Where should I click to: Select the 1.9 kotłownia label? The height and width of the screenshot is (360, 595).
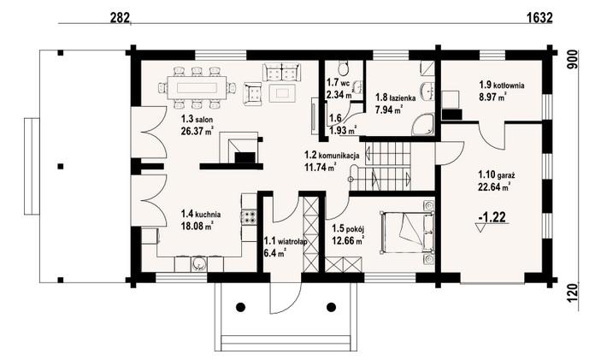coord(502,85)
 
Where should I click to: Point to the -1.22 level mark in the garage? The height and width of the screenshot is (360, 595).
coord(493,217)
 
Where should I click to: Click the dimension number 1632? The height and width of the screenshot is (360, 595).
coord(539,17)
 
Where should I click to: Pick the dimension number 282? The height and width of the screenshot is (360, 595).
coord(120,17)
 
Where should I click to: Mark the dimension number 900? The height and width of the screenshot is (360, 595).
coord(573,59)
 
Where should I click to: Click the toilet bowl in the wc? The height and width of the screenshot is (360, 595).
coord(344,68)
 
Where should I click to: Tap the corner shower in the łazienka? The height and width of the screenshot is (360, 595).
coord(423,124)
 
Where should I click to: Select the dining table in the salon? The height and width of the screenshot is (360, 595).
coord(197,88)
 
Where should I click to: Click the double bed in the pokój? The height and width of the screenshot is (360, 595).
coord(408,232)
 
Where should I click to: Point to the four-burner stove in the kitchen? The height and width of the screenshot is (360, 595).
coord(249,216)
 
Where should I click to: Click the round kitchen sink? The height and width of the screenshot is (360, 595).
coord(198,264)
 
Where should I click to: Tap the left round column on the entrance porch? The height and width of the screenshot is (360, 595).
coord(240,306)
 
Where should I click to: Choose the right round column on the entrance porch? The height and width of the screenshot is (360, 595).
coord(332,306)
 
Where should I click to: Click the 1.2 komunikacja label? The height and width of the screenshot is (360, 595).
coord(332,156)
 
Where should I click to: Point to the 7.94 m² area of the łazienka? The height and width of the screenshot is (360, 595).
coord(389,110)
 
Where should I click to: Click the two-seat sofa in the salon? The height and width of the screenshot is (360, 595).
coord(281,72)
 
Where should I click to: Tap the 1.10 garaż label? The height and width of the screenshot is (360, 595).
coord(497,175)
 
